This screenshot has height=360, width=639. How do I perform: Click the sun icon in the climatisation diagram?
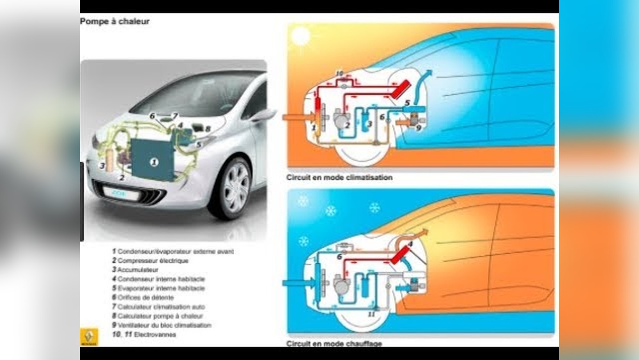click(x=300, y=37)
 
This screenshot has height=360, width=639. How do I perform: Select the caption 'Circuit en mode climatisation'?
click(x=339, y=177)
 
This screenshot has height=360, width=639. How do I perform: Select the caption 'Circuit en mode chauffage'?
click(x=335, y=343)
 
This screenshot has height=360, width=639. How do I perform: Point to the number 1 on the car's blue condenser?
click(x=153, y=162)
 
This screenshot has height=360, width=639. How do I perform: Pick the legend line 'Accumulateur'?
click(x=137, y=270)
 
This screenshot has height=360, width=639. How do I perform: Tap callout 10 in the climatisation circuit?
click(x=339, y=74)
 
